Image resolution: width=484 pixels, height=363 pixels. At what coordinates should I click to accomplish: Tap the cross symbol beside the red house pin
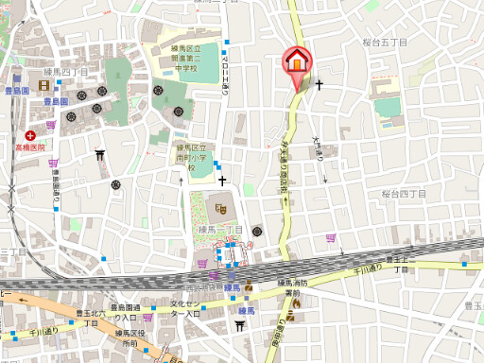[x=320, y=85]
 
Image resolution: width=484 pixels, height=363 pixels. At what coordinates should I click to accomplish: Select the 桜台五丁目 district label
[x=385, y=43]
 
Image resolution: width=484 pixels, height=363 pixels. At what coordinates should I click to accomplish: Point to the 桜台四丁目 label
[x=404, y=194]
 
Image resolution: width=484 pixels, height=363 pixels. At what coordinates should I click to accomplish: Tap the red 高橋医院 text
[x=29, y=147]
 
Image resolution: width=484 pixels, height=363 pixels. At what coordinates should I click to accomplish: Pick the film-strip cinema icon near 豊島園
[x=45, y=86]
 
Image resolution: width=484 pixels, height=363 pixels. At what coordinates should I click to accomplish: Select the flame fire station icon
[x=296, y=303]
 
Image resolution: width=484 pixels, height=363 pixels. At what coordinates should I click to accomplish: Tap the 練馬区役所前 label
[x=129, y=338]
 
